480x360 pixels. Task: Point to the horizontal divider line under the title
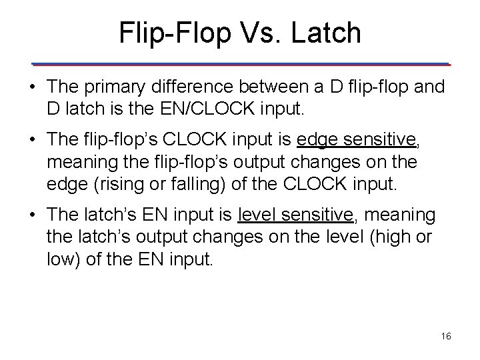tap(241, 64)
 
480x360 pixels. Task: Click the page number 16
tap(447, 337)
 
